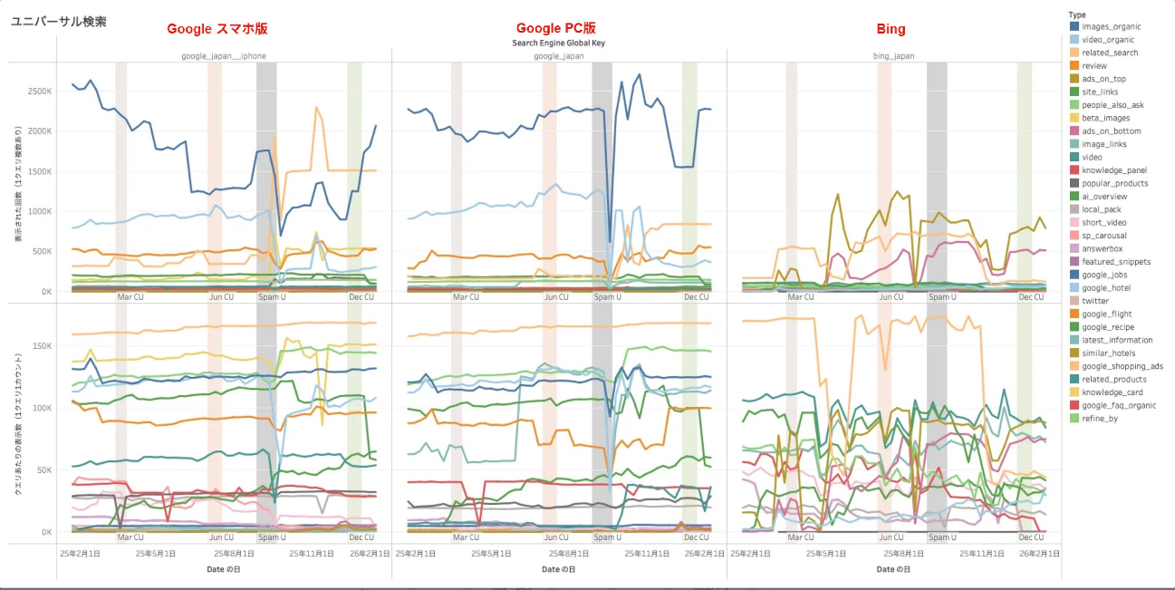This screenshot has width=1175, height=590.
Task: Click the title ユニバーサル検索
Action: coord(58,21)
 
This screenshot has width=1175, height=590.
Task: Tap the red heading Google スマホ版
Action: coord(217,29)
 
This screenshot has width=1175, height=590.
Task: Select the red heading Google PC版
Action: coord(555,29)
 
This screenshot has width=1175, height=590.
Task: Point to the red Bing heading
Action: coord(891,29)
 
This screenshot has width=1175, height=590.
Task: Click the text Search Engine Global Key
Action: coord(558,43)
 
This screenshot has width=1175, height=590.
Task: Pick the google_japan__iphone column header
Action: coord(222,56)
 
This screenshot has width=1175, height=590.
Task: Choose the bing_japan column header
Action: coord(893,56)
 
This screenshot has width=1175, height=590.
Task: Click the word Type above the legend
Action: coord(1077,15)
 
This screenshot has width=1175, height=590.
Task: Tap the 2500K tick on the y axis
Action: coord(39,92)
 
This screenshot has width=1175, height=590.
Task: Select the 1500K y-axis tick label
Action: coord(39,171)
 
